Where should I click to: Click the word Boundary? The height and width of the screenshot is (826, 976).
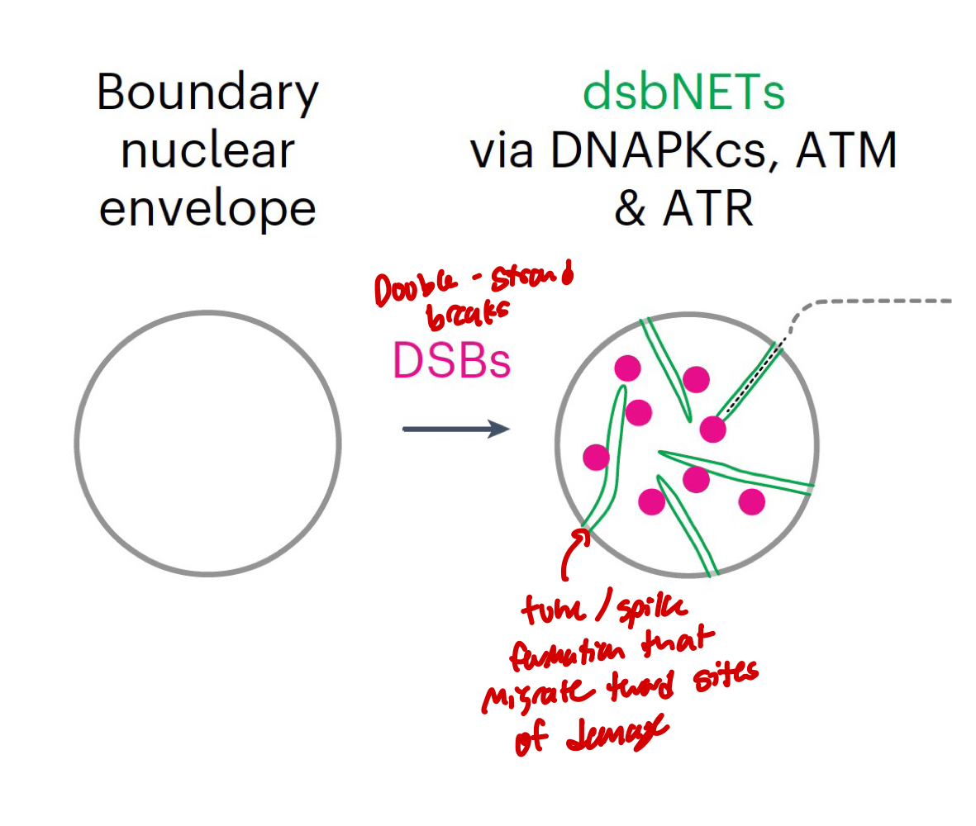tap(207, 93)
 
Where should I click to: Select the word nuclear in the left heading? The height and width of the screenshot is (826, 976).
tap(207, 151)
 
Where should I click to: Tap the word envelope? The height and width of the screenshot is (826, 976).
tap(207, 208)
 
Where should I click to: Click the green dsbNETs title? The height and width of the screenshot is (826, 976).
tap(683, 93)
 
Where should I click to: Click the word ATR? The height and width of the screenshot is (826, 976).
tap(708, 208)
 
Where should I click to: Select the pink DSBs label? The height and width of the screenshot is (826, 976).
tap(451, 360)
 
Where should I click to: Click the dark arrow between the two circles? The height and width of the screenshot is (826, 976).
tap(455, 429)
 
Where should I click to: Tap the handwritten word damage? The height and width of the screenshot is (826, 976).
tap(612, 738)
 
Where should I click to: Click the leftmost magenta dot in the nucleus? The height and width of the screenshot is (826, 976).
tap(596, 456)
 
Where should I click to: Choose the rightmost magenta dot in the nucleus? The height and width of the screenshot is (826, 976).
tap(751, 501)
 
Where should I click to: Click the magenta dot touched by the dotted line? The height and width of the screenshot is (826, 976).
tap(712, 429)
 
